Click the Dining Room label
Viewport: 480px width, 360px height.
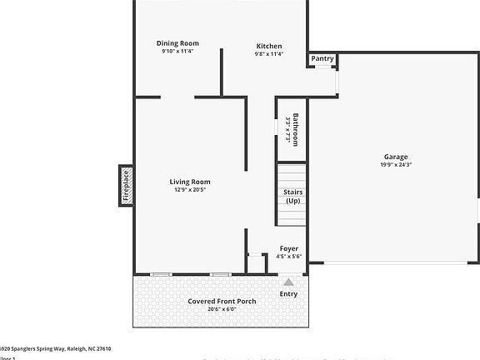(177, 43)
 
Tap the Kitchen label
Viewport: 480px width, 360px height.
(268, 46)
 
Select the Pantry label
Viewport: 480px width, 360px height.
(322, 59)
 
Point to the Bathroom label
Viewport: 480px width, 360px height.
(295, 128)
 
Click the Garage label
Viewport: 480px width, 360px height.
(396, 157)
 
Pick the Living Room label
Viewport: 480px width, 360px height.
(190, 182)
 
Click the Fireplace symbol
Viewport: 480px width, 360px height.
(127, 185)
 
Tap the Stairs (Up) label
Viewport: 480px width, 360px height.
(292, 197)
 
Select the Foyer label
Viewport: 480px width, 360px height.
(288, 248)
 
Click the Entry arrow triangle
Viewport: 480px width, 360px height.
(288, 282)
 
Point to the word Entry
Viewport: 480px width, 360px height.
(288, 293)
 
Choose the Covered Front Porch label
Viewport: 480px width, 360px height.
(222, 301)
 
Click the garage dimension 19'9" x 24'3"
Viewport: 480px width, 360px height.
(396, 165)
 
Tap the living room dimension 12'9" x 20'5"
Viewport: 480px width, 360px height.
(190, 190)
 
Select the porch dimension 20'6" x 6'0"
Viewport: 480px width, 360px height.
(222, 309)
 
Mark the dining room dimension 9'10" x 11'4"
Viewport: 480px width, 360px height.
(177, 52)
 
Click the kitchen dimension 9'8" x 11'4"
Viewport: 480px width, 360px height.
(268, 54)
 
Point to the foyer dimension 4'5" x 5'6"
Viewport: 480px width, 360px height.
(288, 257)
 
